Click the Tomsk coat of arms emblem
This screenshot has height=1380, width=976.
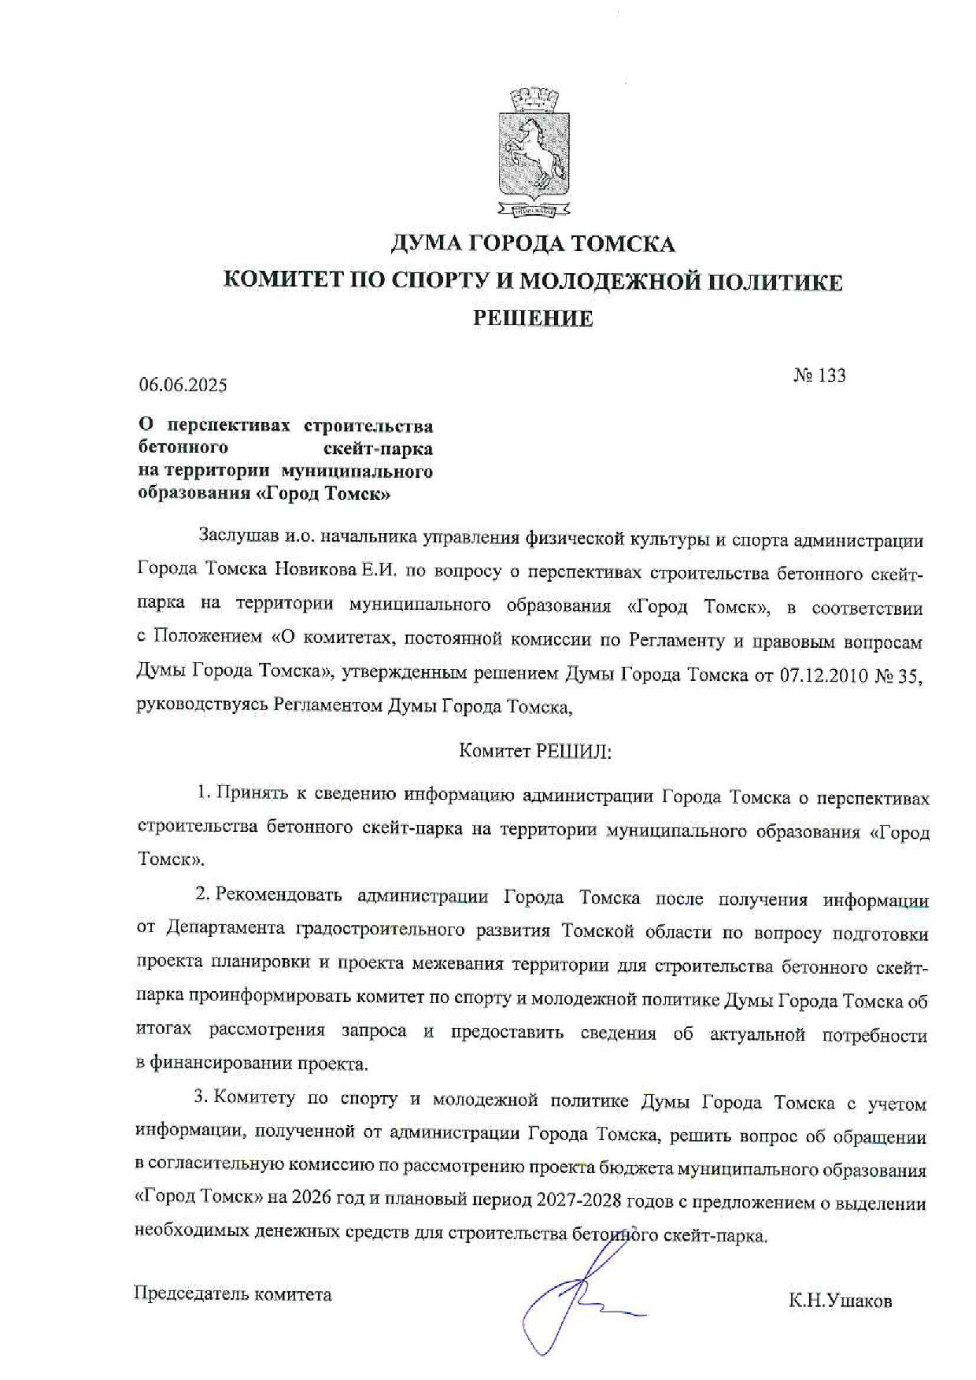coord(534,154)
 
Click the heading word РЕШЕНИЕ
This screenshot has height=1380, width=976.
coord(533,319)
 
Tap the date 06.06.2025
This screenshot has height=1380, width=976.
coord(183,385)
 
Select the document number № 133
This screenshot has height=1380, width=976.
coord(820,376)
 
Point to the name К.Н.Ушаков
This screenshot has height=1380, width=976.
coord(841,1301)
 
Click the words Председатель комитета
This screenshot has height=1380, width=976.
coord(233,1294)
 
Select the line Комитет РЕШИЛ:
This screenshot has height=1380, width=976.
coord(535,751)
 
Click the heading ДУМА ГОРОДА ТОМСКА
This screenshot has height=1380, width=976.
coord(533,244)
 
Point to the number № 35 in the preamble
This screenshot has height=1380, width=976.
coord(899,675)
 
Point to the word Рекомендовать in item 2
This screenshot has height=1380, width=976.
coord(279,896)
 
